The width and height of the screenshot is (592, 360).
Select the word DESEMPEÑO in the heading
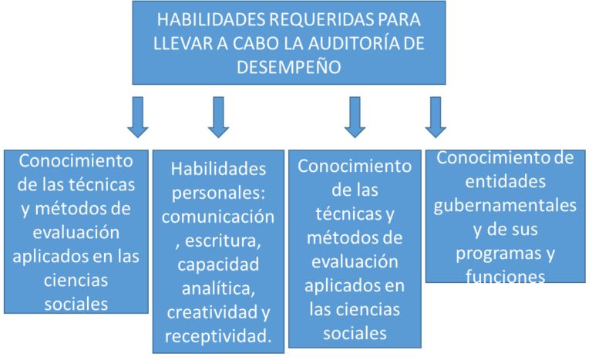pyautogui.click(x=289, y=67)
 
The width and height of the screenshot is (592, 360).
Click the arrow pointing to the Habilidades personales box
pyautogui.click(x=218, y=117)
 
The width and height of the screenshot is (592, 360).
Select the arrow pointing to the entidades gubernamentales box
pyautogui.click(x=436, y=117)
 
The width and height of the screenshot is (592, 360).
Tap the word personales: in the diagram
pyautogui.click(x=219, y=193)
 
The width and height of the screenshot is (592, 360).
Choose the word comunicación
pyautogui.click(x=218, y=217)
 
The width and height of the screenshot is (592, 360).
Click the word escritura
pyautogui.click(x=223, y=241)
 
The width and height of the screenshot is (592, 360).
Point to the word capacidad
pyautogui.click(x=218, y=265)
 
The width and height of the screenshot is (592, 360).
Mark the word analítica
pyautogui.click(x=219, y=288)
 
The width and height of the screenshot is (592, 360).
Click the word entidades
pyautogui.click(x=506, y=182)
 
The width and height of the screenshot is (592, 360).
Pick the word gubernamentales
pyautogui.click(x=505, y=207)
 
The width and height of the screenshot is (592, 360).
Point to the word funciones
pyautogui.click(x=505, y=277)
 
